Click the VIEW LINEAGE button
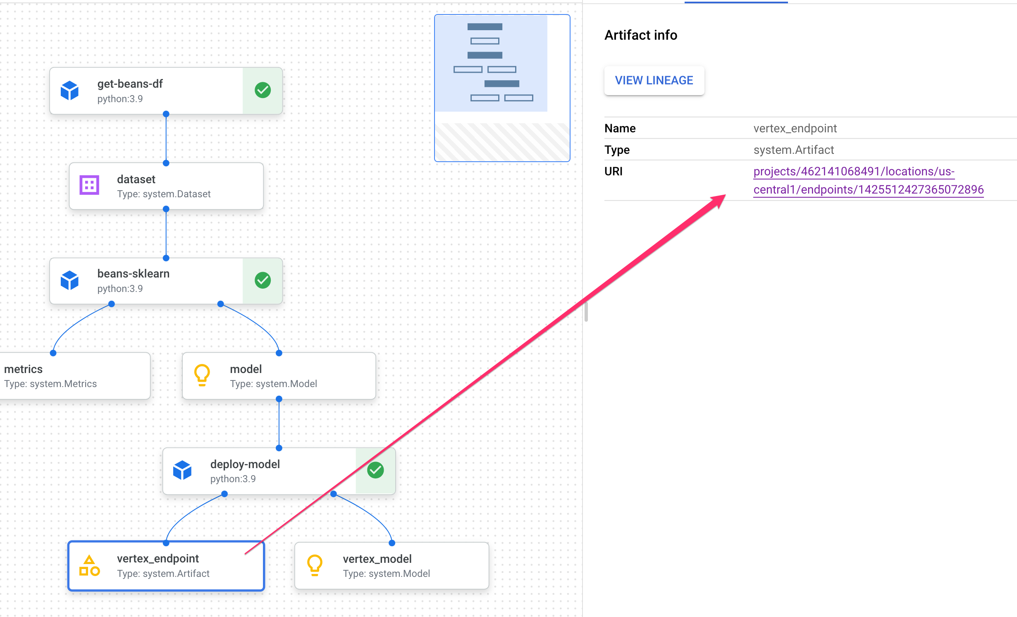click(x=654, y=81)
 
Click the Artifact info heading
click(x=640, y=35)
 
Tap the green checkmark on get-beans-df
click(x=263, y=90)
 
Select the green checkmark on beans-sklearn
click(x=263, y=280)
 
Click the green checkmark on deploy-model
click(x=375, y=470)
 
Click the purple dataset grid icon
click(x=89, y=185)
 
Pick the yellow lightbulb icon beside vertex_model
click(x=315, y=565)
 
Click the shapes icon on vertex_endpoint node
click(x=89, y=566)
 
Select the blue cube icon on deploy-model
click(x=182, y=470)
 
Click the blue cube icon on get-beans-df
click(x=69, y=90)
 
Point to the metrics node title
click(x=24, y=369)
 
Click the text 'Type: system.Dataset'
click(x=164, y=194)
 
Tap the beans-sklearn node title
click(x=133, y=274)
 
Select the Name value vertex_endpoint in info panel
click(x=795, y=128)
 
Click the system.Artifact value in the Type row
click(x=793, y=150)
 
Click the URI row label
click(x=613, y=171)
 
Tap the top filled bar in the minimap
click(x=485, y=27)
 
